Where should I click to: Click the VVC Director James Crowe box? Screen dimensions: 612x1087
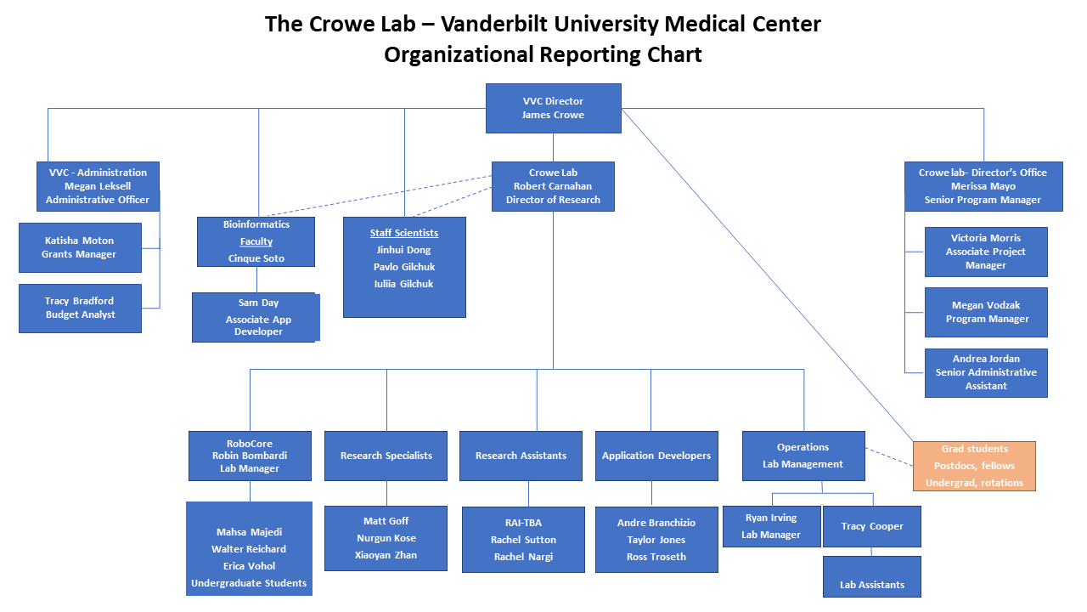pyautogui.click(x=553, y=108)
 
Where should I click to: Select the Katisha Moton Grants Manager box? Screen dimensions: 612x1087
pyautogui.click(x=80, y=247)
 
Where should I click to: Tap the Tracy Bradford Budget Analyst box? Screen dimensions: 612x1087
pyautogui.click(x=80, y=308)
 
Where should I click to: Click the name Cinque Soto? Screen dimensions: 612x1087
pyautogui.click(x=256, y=258)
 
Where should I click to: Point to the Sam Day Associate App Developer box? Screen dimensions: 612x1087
pyautogui.click(x=256, y=317)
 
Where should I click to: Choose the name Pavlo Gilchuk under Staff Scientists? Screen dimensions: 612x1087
pyautogui.click(x=403, y=267)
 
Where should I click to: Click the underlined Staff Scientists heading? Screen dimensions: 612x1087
pyautogui.click(x=404, y=233)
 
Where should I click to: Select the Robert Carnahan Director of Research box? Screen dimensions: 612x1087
pyautogui.click(x=553, y=186)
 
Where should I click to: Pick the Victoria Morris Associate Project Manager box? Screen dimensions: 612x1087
pyautogui.click(x=986, y=252)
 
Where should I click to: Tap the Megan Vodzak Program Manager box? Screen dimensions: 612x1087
pyautogui.click(x=986, y=312)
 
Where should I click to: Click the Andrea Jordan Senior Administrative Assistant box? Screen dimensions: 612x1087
pyautogui.click(x=986, y=372)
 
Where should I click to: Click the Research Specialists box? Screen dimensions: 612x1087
pyautogui.click(x=386, y=456)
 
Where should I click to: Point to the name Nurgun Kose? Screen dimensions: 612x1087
pyautogui.click(x=386, y=538)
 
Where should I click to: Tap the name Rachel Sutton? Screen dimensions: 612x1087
pyautogui.click(x=523, y=540)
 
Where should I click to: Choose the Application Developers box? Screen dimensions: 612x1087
pyautogui.click(x=656, y=456)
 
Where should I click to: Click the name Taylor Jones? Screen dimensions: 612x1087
pyautogui.click(x=656, y=540)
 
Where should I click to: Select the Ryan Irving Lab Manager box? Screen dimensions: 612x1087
pyautogui.click(x=771, y=526)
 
